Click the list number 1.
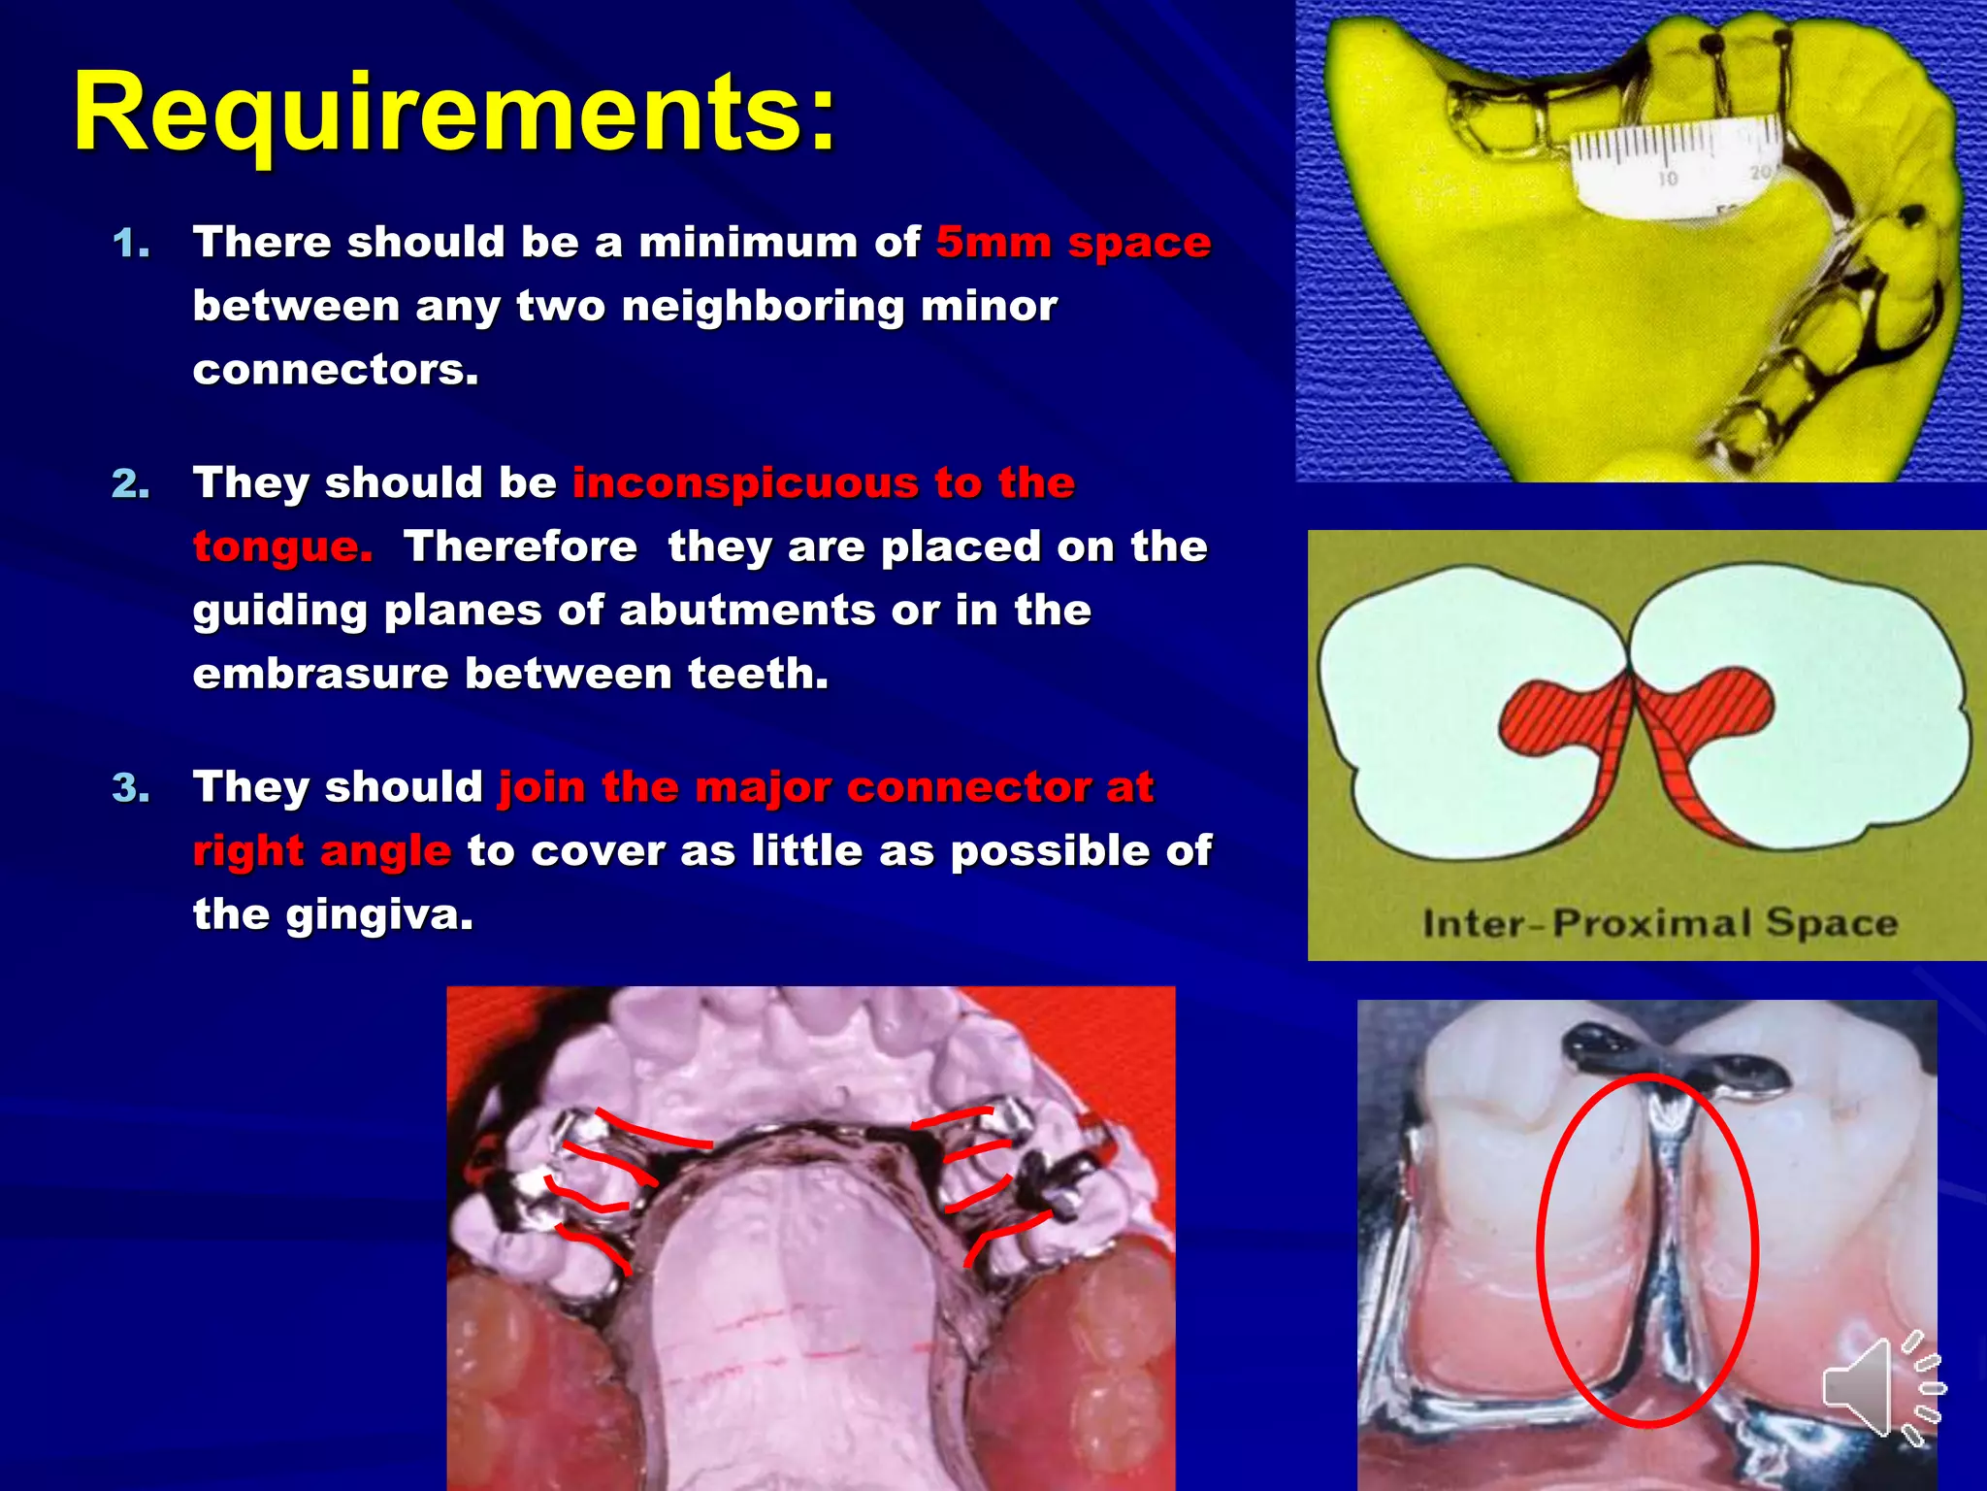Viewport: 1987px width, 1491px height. pyautogui.click(x=131, y=244)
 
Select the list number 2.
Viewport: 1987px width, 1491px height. pyautogui.click(x=131, y=484)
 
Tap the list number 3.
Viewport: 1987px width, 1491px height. pyautogui.click(x=131, y=788)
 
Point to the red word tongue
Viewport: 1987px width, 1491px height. pyautogui.click(x=282, y=547)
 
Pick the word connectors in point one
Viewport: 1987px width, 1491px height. pyautogui.click(x=336, y=370)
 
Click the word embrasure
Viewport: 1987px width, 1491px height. pyautogui.click(x=320, y=674)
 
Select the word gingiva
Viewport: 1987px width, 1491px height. pyautogui.click(x=379, y=914)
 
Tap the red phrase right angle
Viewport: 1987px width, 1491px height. pyautogui.click(x=321, y=851)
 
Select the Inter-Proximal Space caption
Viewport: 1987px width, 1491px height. pyautogui.click(x=1659, y=922)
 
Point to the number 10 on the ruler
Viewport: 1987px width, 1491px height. pyautogui.click(x=1667, y=180)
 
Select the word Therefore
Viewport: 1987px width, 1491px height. pyautogui.click(x=521, y=547)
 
